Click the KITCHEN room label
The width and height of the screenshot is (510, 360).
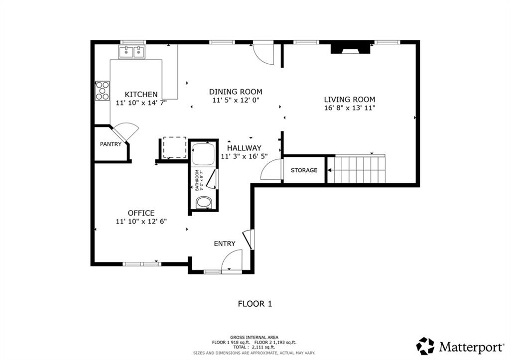coord(141,94)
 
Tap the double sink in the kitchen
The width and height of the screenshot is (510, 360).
coord(132,51)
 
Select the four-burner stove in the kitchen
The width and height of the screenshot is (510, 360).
coord(102,91)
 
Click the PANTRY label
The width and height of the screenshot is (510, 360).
coord(111,144)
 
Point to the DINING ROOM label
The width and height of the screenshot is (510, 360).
coord(236,92)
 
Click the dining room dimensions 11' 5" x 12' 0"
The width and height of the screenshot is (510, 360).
coord(236,100)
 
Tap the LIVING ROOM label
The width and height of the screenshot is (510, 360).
coord(350,99)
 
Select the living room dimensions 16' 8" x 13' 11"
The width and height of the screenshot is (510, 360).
coord(350,108)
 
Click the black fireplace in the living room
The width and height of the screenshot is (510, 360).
coord(352,48)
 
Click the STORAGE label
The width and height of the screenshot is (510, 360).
coord(304,170)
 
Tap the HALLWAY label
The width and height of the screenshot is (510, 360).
coord(244,148)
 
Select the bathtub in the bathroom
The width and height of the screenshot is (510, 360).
coord(203,154)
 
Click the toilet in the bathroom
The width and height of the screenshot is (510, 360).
coord(203,203)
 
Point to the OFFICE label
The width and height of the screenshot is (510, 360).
coord(141,213)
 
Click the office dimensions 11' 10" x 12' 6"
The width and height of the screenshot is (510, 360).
coord(141,222)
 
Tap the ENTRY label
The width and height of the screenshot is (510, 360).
coord(225,243)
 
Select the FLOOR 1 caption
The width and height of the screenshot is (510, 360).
coord(255,303)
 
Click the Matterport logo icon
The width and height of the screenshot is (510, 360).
coord(425,346)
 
